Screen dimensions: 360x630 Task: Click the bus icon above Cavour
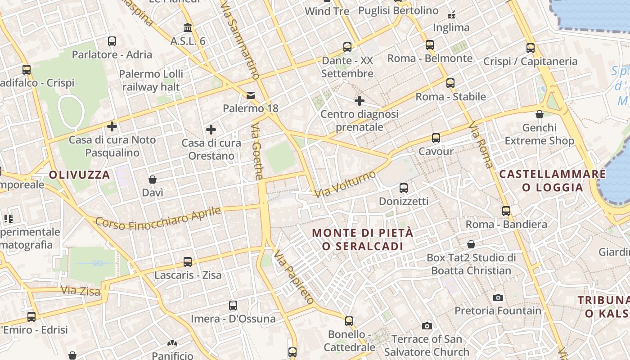[x=436, y=138]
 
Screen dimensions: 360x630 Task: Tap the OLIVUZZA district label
[x=80, y=175]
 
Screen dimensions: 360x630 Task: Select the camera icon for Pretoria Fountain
[x=498, y=297]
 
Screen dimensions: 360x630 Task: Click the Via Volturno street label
[x=345, y=184]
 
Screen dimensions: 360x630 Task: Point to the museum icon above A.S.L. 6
[x=188, y=28]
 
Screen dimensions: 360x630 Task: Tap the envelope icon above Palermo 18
[x=250, y=95]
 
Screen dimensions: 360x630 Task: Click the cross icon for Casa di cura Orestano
[x=211, y=130]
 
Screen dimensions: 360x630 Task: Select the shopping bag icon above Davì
[x=153, y=180]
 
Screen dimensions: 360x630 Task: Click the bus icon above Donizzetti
[x=404, y=188]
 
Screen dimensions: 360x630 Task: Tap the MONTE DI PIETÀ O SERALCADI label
[x=362, y=239]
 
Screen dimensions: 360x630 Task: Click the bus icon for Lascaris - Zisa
[x=188, y=262]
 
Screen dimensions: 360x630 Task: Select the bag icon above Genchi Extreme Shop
[x=540, y=114]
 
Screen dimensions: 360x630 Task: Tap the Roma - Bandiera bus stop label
[x=506, y=224]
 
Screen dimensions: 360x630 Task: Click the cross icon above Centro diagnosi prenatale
[x=359, y=101]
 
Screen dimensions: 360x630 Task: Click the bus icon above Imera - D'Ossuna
[x=233, y=306]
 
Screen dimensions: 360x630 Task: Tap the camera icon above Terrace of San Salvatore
[x=427, y=326]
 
